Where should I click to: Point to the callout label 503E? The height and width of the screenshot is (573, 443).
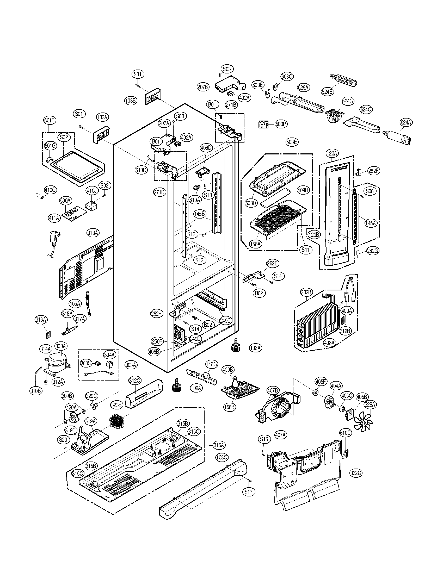click(x=292, y=142)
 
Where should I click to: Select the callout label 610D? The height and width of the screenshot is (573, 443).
click(x=141, y=170)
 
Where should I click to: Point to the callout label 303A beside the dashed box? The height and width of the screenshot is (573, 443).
click(x=131, y=364)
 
